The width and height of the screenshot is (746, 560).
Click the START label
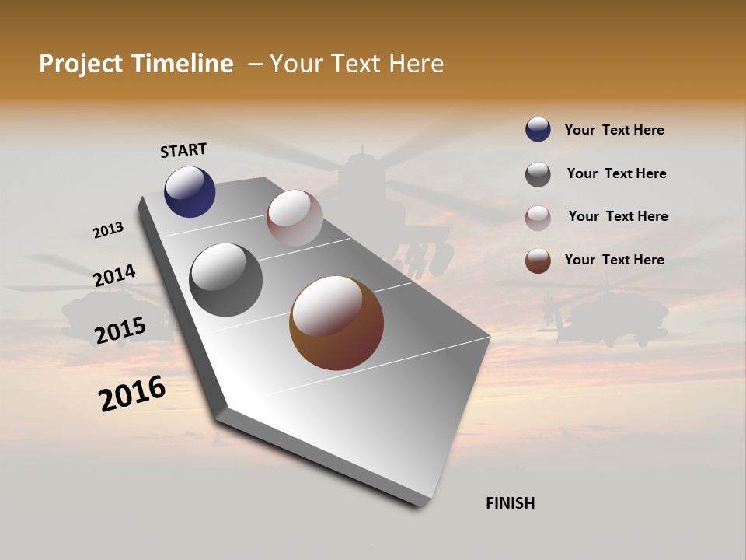click(x=183, y=150)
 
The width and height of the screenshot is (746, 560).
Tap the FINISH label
click(x=511, y=503)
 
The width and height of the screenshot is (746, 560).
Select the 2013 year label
click(x=108, y=230)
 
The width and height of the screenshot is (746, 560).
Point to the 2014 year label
click(x=114, y=276)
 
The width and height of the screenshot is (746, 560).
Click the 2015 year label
click(x=120, y=331)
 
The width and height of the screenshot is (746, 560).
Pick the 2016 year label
click(x=132, y=394)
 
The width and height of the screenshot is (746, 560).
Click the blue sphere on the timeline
click(x=190, y=192)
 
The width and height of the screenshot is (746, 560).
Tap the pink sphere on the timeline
click(x=295, y=217)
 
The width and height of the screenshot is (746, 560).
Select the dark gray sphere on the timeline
click(x=226, y=280)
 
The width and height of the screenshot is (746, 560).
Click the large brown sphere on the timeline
click(x=336, y=323)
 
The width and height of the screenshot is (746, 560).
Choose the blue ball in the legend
click(x=538, y=129)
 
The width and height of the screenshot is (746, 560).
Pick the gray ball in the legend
click(x=538, y=174)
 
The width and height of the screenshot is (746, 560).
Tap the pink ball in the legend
click(x=538, y=218)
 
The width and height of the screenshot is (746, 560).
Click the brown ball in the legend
click(x=538, y=261)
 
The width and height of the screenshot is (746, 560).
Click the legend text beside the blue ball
click(x=614, y=130)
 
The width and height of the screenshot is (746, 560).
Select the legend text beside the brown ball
click(x=614, y=260)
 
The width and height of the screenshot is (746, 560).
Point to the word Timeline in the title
click(x=183, y=64)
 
